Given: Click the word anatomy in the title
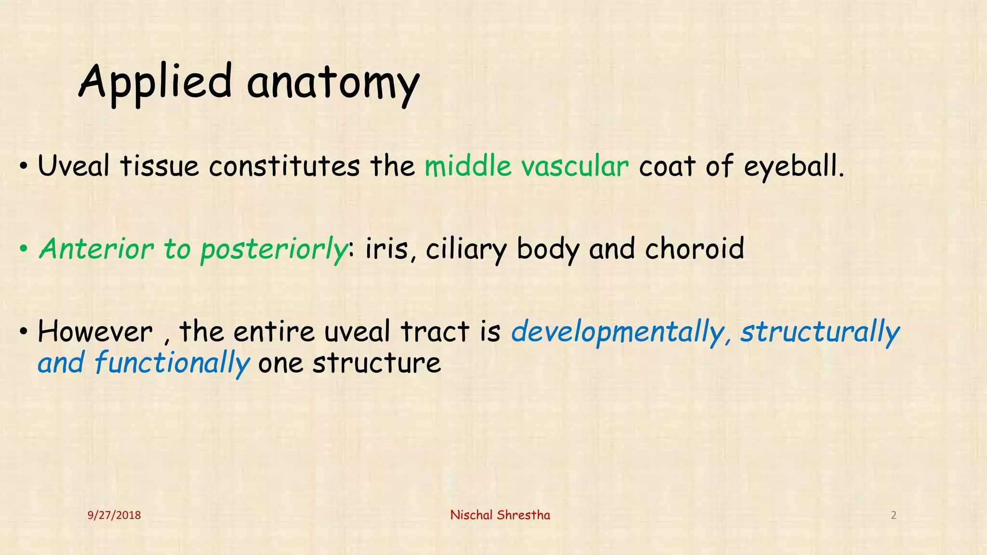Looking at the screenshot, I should pyautogui.click(x=333, y=83).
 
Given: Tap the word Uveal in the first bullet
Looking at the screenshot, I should pyautogui.click(x=73, y=166).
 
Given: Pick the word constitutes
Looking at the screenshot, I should pyautogui.click(x=284, y=166).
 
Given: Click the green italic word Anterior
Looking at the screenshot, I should pyautogui.click(x=96, y=249).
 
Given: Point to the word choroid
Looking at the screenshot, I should pyautogui.click(x=694, y=249).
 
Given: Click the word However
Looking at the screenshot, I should pyautogui.click(x=95, y=332).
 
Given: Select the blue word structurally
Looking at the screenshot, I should pyautogui.click(x=820, y=332).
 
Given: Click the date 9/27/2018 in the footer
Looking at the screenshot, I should pyautogui.click(x=114, y=515).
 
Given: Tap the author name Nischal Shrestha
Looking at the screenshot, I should pyautogui.click(x=500, y=515).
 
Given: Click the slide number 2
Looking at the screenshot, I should pyautogui.click(x=894, y=515).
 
